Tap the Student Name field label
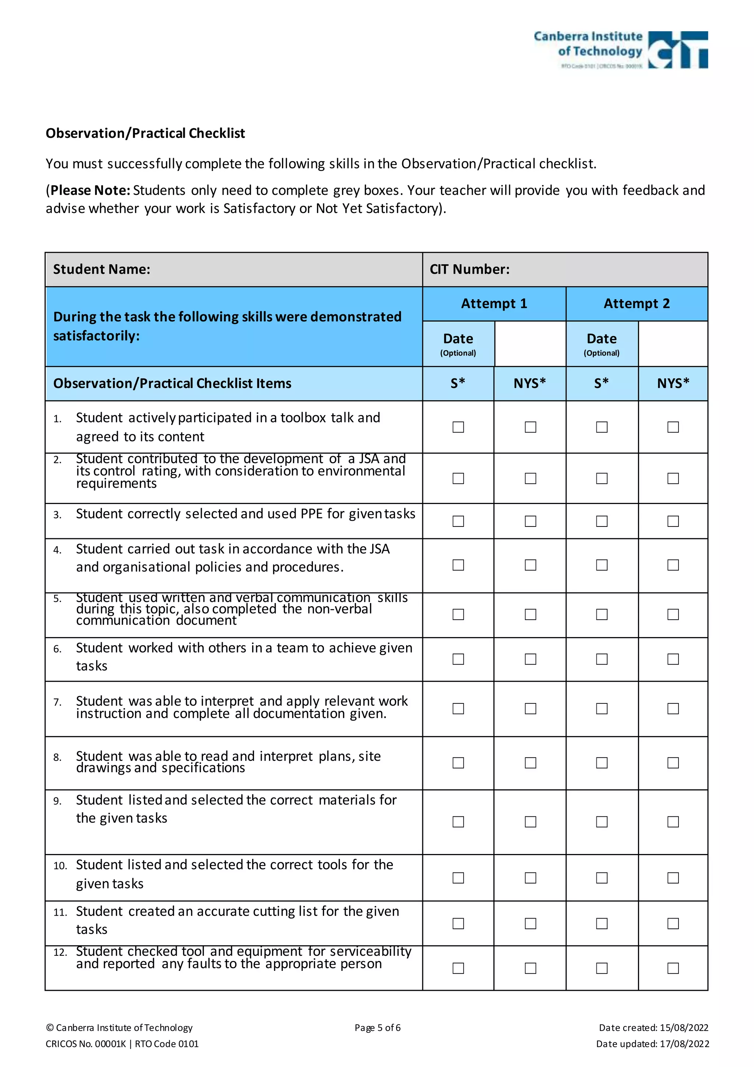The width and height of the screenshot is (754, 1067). [x=102, y=270]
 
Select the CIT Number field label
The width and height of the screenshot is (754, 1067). [x=469, y=270]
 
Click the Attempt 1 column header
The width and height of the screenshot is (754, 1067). [x=494, y=304]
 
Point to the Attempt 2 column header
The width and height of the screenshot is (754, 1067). [x=637, y=304]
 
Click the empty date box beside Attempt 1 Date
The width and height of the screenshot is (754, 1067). [x=530, y=344]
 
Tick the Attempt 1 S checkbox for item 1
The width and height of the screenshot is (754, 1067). [x=458, y=427]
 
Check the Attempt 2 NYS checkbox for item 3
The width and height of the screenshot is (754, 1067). [x=673, y=521]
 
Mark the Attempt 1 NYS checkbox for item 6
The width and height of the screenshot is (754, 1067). [x=530, y=659]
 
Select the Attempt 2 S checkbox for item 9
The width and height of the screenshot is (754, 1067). [x=602, y=822]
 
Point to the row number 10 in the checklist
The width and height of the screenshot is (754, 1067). [x=60, y=866]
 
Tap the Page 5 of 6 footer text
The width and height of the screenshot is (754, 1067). [x=377, y=1028]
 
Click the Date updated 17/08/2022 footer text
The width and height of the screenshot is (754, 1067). [x=652, y=1044]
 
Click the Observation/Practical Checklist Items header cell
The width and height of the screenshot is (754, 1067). [x=172, y=384]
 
